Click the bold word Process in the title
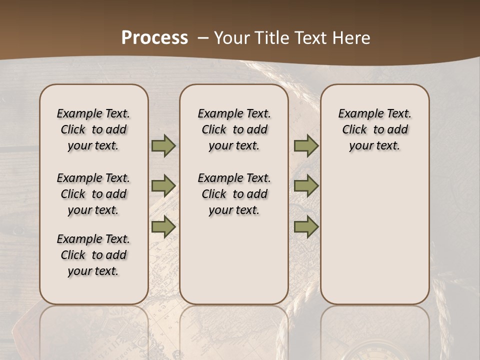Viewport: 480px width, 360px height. pos(154,38)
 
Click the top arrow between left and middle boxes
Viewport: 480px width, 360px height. pos(163,146)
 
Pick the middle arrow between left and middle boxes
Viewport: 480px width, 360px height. pos(163,186)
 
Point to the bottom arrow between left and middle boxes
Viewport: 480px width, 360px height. pos(163,227)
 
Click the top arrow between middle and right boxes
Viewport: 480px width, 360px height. pos(306,146)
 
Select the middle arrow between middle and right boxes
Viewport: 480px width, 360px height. pos(306,186)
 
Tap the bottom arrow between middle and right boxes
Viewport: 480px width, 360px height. pos(306,227)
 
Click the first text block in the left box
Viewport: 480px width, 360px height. pos(93,129)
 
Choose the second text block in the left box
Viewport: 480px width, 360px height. pos(93,194)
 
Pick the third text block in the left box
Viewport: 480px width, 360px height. pos(93,255)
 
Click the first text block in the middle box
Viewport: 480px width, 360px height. pos(234,129)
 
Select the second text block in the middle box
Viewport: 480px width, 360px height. pos(234,194)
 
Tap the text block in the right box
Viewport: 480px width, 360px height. pos(374,129)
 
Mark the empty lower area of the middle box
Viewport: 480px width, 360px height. pos(234,260)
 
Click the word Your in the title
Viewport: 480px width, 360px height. pos(229,38)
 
